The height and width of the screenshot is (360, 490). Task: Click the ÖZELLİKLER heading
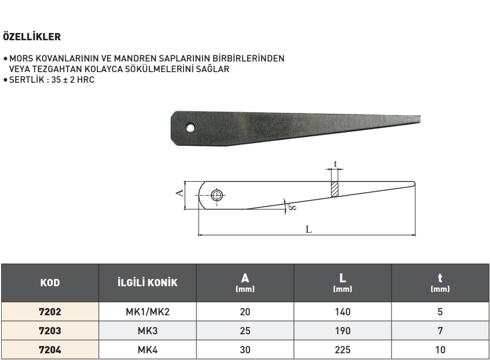point(32,37)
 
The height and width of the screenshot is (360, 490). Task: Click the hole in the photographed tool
point(191,127)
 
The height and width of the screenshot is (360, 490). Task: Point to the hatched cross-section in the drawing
point(335,188)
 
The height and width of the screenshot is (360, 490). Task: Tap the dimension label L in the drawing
point(308,229)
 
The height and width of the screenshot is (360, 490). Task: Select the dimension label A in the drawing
point(180,193)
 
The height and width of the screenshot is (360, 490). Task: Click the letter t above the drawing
point(335,164)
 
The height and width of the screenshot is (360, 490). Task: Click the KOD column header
point(50,282)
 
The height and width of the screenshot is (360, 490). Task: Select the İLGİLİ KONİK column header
point(147,282)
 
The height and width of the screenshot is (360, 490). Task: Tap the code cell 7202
point(50,312)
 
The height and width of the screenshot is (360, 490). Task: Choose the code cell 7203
point(50,331)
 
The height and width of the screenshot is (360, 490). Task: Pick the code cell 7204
point(50,350)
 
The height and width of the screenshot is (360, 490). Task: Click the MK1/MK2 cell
point(147,312)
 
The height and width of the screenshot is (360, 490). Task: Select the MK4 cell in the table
point(147,350)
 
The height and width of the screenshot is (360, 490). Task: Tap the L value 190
point(342,331)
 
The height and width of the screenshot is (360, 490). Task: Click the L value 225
point(342,350)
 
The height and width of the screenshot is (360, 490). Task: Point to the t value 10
point(440,350)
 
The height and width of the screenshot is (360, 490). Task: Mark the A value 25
point(244,331)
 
